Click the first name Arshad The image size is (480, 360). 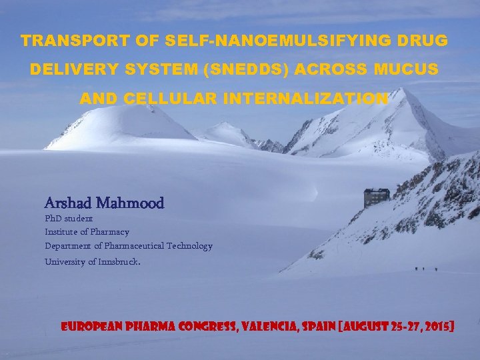point(68,202)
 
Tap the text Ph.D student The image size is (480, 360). point(69,218)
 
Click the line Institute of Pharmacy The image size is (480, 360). point(87,231)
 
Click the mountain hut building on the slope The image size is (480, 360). point(376,197)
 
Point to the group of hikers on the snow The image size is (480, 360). point(426,269)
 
